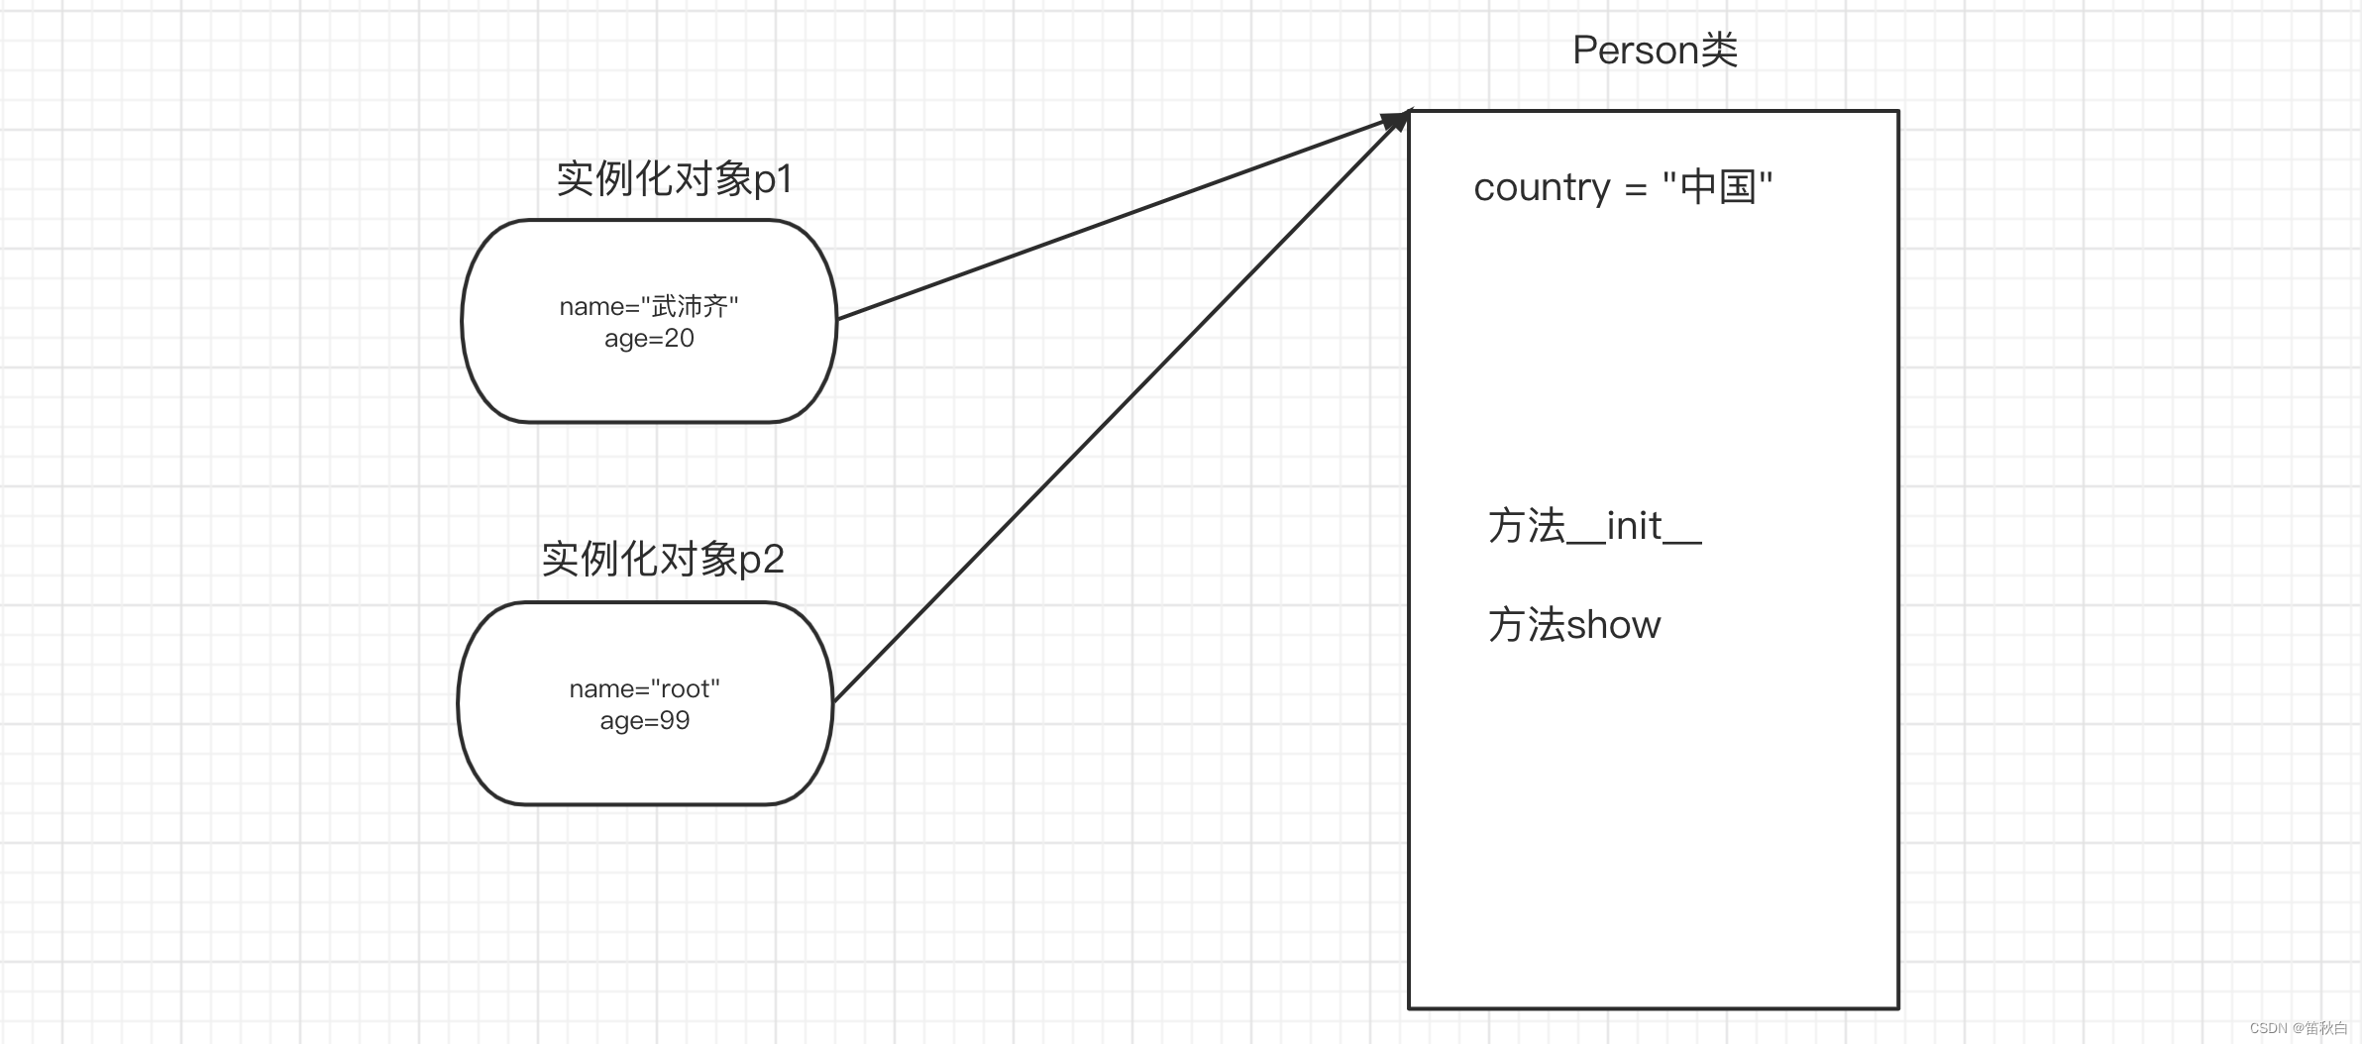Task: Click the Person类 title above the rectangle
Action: pos(1655,50)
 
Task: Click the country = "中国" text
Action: pos(1622,186)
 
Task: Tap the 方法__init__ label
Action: pos(1594,526)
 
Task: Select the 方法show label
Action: pos(1573,625)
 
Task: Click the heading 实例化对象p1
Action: pos(674,178)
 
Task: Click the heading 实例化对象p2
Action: pos(662,560)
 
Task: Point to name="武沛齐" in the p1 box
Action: pos(649,306)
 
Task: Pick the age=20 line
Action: pos(649,339)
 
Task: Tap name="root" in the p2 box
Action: pos(644,688)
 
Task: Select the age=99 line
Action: pos(644,720)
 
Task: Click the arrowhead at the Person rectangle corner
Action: pos(1397,120)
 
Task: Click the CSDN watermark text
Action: pos(2298,1028)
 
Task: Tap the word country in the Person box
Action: pos(1542,186)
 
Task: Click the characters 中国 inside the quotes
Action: pos(1718,186)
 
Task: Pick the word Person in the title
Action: pos(1636,50)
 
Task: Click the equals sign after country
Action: pos(1636,188)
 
